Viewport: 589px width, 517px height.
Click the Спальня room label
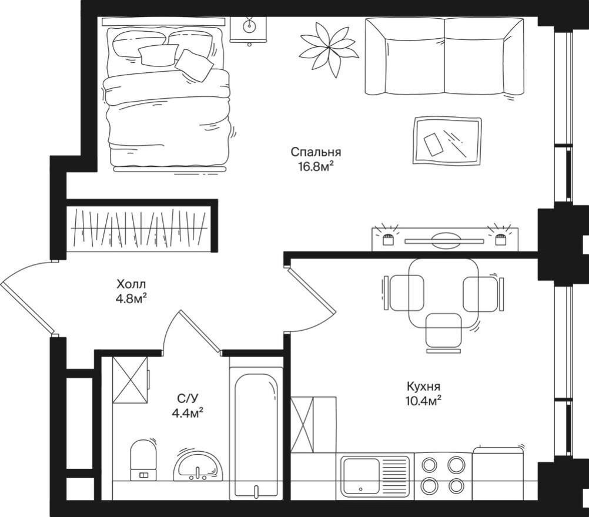[316, 152]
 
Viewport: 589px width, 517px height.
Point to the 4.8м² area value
[131, 298]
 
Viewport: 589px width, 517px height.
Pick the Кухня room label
[423, 387]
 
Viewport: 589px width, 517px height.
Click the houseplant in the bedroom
[328, 47]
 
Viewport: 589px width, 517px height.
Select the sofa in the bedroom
[444, 56]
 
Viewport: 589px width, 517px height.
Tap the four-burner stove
[443, 475]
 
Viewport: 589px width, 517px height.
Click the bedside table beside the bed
[248, 29]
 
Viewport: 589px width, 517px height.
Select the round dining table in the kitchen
[442, 293]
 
